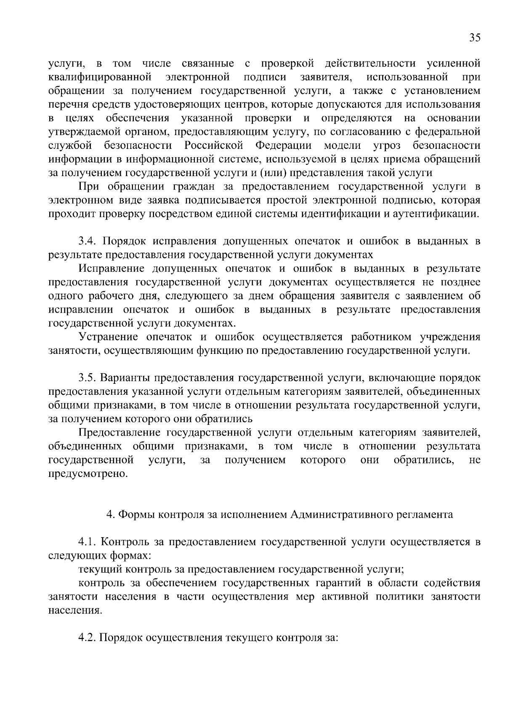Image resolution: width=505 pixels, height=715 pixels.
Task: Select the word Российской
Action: pos(214,145)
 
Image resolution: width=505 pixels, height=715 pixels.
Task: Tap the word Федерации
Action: pos(283,145)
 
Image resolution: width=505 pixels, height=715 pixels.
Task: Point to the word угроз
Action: pos(387,145)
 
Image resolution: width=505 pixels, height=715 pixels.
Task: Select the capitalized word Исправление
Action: pos(112,268)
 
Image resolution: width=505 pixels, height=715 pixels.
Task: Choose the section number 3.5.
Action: pos(89,378)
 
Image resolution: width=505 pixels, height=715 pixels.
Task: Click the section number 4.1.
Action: pos(88,542)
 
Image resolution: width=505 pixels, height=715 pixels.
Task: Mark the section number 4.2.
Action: pos(89,637)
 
